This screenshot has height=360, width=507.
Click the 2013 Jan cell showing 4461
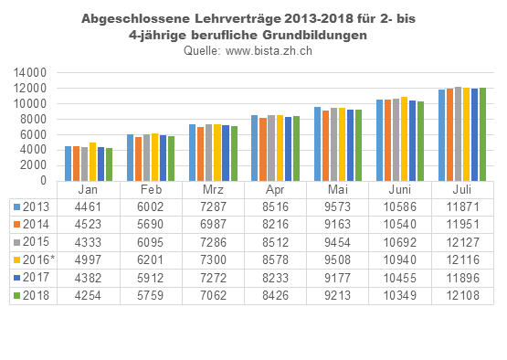click(x=88, y=206)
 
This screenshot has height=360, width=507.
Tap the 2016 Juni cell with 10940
click(x=399, y=259)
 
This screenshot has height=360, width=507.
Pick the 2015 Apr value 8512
click(x=275, y=241)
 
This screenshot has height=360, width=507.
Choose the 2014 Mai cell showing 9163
click(x=337, y=224)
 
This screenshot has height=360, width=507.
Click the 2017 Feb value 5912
click(x=151, y=276)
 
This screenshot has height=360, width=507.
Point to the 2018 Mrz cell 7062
click(x=213, y=294)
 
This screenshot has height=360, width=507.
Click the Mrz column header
click(x=213, y=189)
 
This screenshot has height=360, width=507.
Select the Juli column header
click(x=462, y=189)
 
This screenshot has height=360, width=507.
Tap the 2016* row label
click(x=37, y=259)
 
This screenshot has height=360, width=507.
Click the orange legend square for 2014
click(x=16, y=224)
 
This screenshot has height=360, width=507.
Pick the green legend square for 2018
click(x=16, y=294)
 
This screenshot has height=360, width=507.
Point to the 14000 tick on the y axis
click(x=28, y=72)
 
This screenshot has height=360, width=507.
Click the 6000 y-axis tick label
click(x=32, y=135)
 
